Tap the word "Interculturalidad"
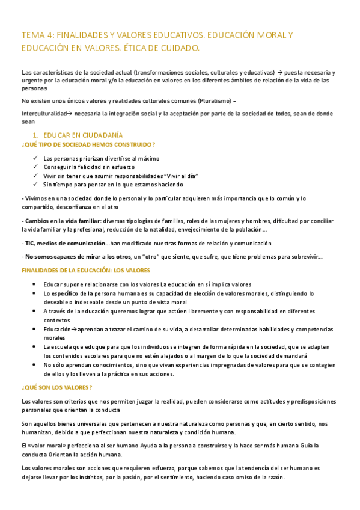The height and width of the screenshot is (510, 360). click(41, 114)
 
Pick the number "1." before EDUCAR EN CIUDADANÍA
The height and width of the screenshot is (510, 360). click(36, 135)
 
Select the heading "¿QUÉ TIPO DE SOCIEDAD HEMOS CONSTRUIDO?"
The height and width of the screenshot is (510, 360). click(88, 144)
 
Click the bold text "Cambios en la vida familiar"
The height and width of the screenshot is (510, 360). click(62, 221)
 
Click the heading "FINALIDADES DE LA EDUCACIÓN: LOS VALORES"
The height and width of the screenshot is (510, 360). click(85, 271)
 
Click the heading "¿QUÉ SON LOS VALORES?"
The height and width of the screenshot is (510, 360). click(56, 387)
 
